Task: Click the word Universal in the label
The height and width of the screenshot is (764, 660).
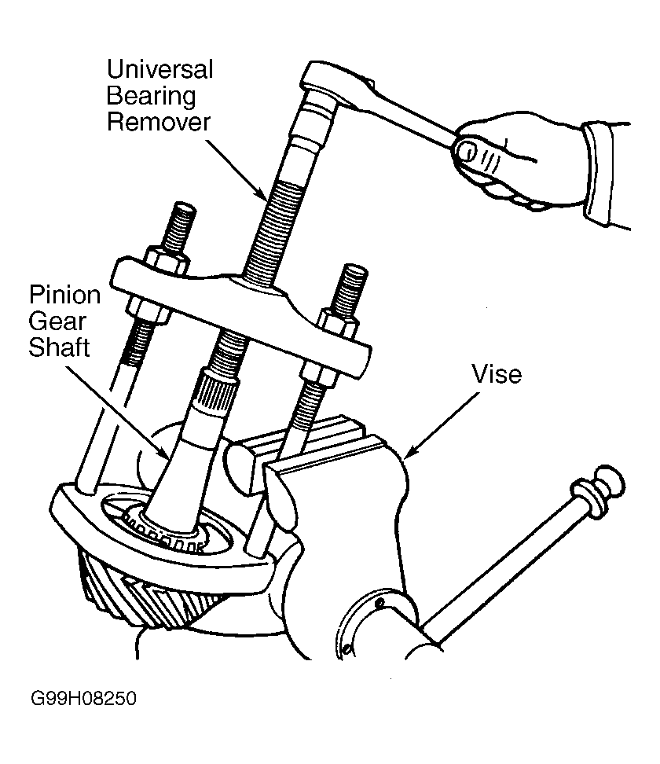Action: tap(159, 69)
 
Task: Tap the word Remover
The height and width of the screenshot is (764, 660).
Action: tap(159, 122)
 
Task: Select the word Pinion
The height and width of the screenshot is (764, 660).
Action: tap(64, 295)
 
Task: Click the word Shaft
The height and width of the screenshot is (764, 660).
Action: tap(59, 347)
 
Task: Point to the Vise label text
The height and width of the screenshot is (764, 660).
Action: tap(497, 374)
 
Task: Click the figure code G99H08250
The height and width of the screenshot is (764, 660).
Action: tap(83, 698)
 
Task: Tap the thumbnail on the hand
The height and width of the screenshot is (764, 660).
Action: tap(466, 151)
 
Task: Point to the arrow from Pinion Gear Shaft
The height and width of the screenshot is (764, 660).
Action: tap(117, 411)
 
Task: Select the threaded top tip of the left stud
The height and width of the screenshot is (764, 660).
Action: tap(183, 213)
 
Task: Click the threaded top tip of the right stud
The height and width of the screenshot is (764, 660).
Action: tap(354, 277)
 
